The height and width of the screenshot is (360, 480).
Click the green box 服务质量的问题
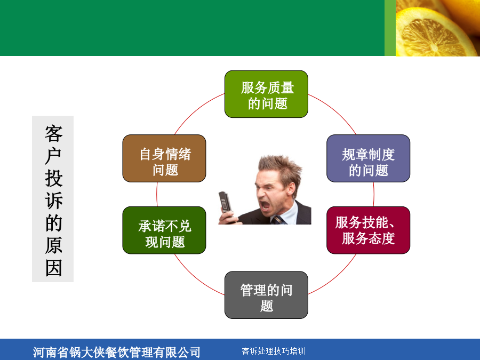coord(266,94)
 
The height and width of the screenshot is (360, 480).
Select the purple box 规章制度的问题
coord(368,158)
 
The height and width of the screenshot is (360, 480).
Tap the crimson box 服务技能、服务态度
coord(368,230)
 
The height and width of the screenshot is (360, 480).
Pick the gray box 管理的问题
coord(266,295)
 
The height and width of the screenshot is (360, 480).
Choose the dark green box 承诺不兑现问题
coord(164,230)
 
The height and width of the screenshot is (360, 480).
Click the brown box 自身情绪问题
coord(164,158)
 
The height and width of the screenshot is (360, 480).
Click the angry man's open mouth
coord(265,206)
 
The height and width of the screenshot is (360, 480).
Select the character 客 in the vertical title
coord(53,133)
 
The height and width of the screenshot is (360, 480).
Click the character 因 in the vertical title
coord(53,268)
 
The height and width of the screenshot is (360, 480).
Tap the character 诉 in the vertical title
coord(53,201)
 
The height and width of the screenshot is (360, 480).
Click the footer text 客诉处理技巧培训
coord(274,351)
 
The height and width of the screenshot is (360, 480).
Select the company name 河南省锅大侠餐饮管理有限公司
coord(117,353)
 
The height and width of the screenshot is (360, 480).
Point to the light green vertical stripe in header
coord(390,28)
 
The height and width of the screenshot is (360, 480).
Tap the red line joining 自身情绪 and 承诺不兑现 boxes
coord(157,194)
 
